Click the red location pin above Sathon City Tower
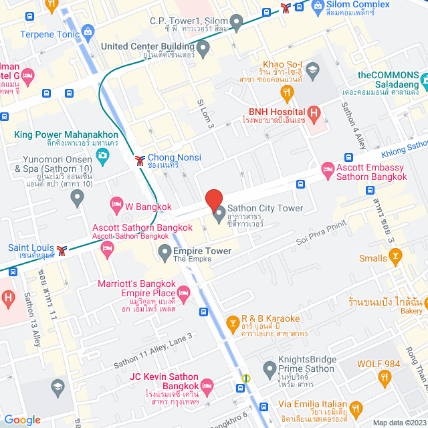pyautogui.click(x=213, y=201)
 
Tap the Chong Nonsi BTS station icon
pyautogui.click(x=139, y=160)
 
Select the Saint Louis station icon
pyautogui.click(x=62, y=250)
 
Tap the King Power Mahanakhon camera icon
pyautogui.click(x=103, y=156)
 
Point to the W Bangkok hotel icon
pyautogui.click(x=116, y=203)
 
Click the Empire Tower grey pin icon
pyautogui.click(x=165, y=251)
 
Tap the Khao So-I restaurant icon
pyautogui.click(x=288, y=92)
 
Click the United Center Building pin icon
pyautogui.click(x=203, y=47)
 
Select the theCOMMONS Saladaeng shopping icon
pyautogui.click(x=423, y=82)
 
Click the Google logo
pyautogui.click(x=23, y=419)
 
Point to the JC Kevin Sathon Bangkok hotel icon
pyautogui.click(x=207, y=385)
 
